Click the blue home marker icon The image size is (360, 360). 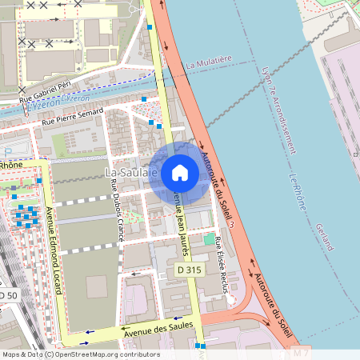(x=180, y=173)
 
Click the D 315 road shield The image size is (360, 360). (x=189, y=271)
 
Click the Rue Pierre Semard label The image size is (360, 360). (x=73, y=117)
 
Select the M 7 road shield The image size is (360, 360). (x=301, y=353)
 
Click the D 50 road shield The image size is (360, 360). (x=7, y=296)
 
